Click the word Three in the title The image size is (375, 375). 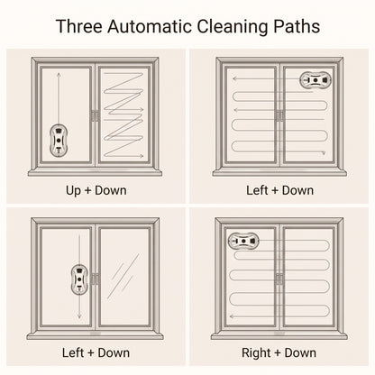tap(79, 26)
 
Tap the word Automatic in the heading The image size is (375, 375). tap(150, 26)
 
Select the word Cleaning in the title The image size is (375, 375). tap(233, 27)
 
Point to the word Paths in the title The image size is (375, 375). tap(297, 26)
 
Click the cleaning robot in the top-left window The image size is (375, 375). tap(59, 141)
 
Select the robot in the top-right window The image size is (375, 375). tap(316, 80)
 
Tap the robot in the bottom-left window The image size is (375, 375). tap(79, 279)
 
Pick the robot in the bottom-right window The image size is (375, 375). tap(243, 241)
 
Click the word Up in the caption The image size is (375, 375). tap(73, 191)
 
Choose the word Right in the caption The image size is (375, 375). tap(256, 353)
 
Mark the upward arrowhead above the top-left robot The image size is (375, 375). tap(59, 74)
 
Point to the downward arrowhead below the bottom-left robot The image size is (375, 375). tap(79, 316)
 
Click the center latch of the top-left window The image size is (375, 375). tap(95, 115)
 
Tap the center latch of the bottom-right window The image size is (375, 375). tap(279, 279)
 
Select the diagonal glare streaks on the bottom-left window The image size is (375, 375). tap(123, 277)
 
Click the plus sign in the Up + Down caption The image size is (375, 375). tap(88, 191)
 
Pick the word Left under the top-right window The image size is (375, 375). tap(257, 190)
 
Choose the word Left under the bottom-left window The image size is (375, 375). tap(73, 352)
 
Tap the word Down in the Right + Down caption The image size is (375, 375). tap(300, 352)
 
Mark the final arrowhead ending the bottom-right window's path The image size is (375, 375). tap(232, 316)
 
